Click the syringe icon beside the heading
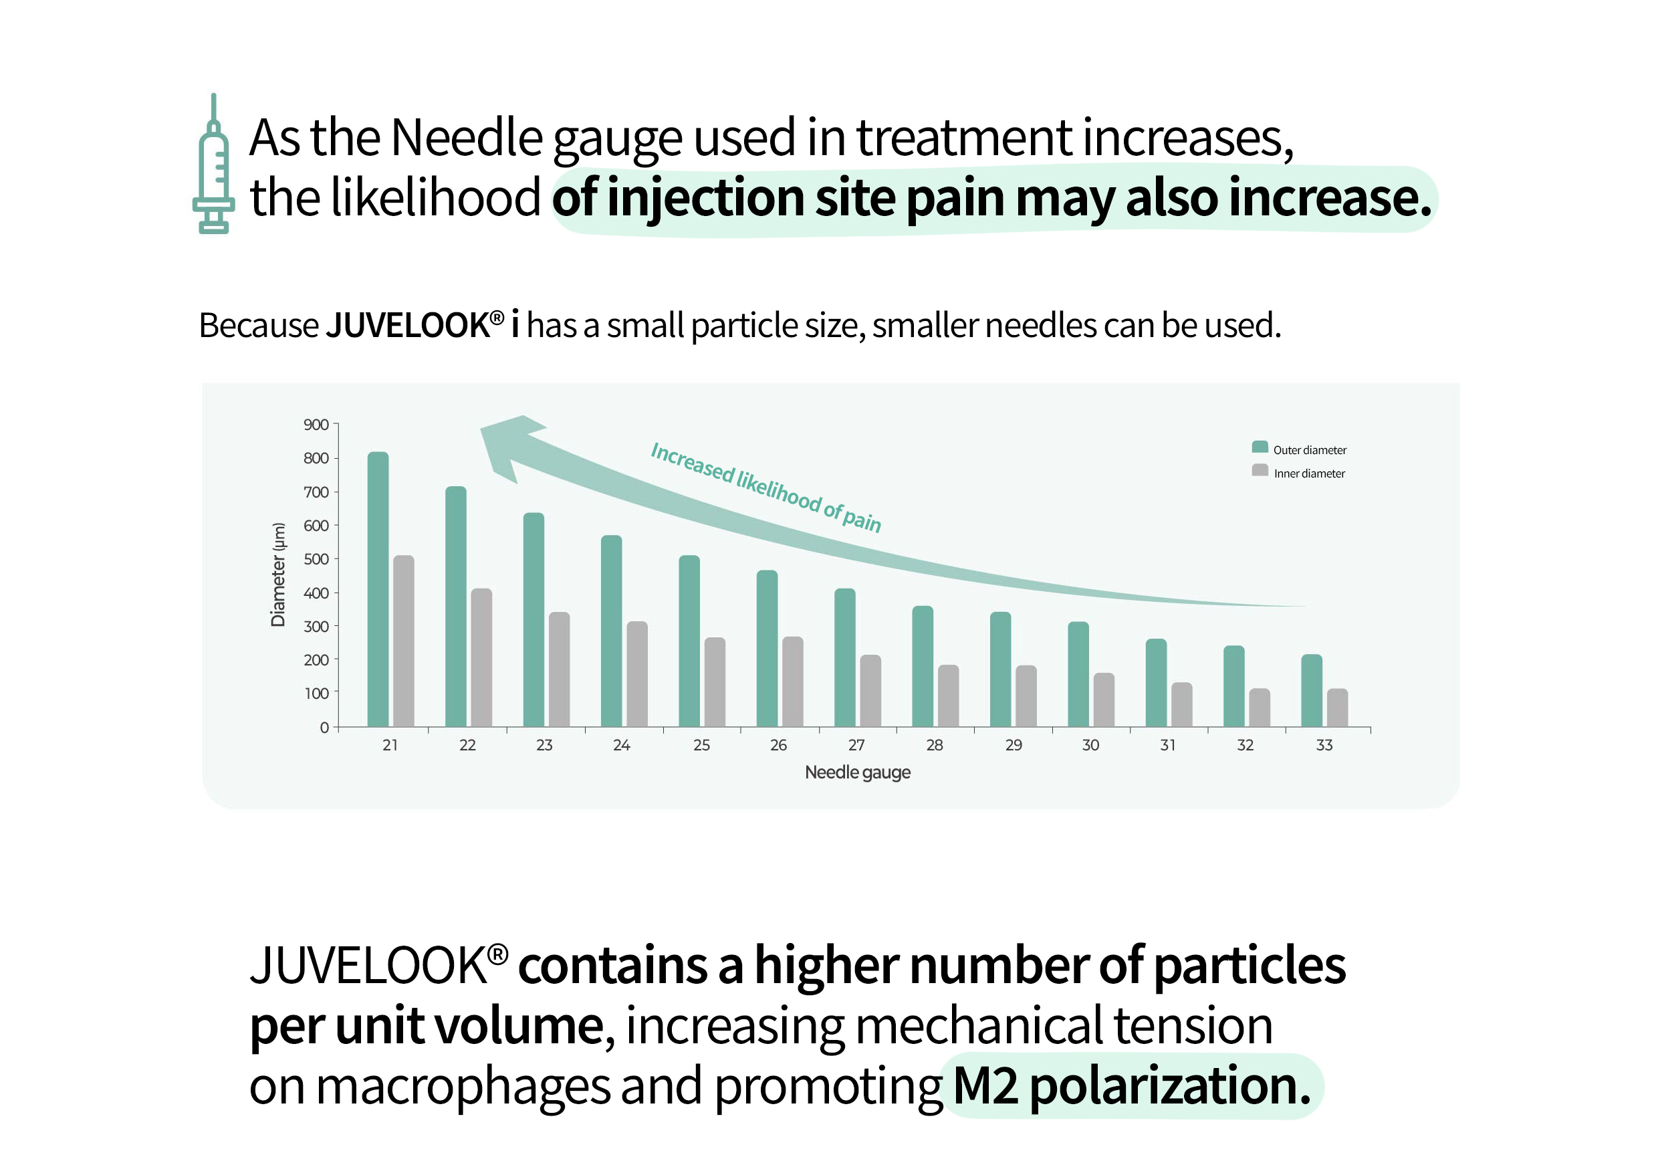[214, 165]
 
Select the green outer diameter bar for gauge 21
[378, 589]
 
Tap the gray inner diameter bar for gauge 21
[404, 641]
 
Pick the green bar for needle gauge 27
[845, 657]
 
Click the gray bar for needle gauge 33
[1337, 708]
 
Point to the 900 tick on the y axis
[316, 425]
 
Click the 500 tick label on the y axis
[316, 559]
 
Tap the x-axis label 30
[1090, 745]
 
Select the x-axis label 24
[622, 745]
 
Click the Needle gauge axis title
[857, 772]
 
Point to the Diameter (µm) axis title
[278, 574]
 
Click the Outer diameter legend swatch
[1260, 447]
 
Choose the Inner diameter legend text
[1309, 474]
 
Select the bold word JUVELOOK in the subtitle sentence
[408, 325]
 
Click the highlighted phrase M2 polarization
[1132, 1086]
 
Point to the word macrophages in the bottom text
[463, 1086]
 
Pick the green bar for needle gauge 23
[534, 620]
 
